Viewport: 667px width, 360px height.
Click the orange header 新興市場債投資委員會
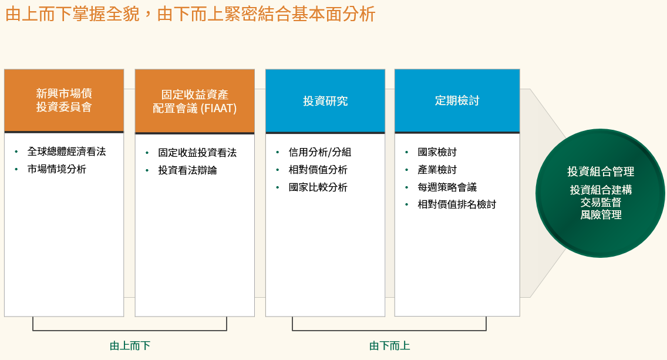(64, 100)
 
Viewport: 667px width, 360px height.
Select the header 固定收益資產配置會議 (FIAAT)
(195, 101)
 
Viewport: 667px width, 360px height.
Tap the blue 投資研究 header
(325, 101)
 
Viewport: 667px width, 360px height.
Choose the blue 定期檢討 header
(457, 101)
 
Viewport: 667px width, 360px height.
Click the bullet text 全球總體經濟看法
(67, 152)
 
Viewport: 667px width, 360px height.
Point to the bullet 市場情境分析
(57, 169)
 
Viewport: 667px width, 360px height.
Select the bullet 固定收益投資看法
(197, 153)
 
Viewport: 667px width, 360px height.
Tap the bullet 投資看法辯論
(188, 170)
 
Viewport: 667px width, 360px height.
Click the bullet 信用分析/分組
(320, 152)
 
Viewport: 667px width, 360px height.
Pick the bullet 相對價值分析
(318, 170)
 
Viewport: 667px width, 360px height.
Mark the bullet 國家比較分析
(318, 187)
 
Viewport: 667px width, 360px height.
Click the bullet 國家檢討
(437, 152)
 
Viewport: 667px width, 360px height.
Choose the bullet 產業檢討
(437, 170)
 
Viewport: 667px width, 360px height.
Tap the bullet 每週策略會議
(447, 187)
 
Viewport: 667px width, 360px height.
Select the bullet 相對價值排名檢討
(457, 204)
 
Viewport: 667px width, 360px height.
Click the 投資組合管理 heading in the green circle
(601, 171)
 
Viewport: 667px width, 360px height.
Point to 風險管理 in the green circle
(601, 215)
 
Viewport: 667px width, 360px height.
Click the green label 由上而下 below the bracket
(130, 345)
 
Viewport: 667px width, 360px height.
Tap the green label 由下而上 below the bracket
(390, 345)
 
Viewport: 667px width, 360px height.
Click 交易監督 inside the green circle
(601, 202)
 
